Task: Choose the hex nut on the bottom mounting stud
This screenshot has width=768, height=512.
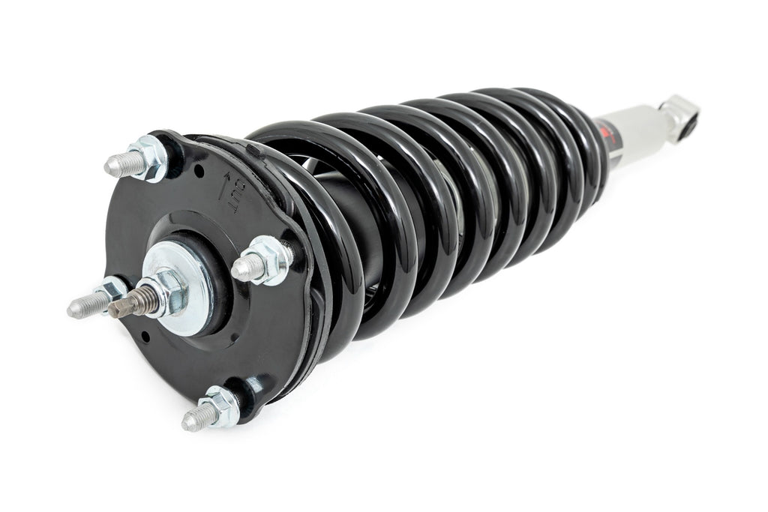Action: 220,406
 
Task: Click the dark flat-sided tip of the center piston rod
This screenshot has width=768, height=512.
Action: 120,307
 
